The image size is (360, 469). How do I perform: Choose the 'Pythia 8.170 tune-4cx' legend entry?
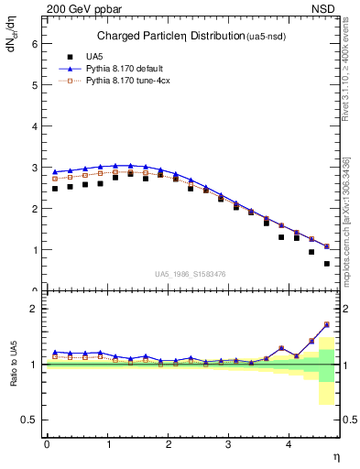pos(128,81)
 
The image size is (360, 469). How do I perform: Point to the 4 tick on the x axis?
pos(289,444)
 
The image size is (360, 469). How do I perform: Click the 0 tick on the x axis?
pos(47,444)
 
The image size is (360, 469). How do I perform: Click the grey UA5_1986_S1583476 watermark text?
pos(191,275)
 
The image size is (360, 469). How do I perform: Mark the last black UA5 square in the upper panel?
pos(326,264)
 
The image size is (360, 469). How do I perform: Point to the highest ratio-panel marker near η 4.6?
pos(326,324)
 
